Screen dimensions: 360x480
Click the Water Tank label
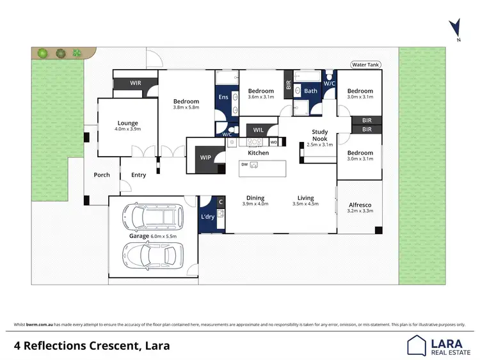pos(365,65)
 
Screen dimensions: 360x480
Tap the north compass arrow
pos(455,28)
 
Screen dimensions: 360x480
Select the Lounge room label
pos(127,123)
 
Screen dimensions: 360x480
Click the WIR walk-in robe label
pos(135,83)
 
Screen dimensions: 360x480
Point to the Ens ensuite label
pos(223,97)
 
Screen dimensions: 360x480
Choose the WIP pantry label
pos(205,157)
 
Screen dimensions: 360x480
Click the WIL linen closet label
pos(259,130)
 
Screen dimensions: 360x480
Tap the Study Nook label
pos(319,135)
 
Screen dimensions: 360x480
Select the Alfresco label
pos(360,205)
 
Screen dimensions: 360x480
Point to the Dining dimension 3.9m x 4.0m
pos(255,204)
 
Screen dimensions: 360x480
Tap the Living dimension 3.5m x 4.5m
pos(305,204)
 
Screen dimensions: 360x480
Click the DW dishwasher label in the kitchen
pos(244,164)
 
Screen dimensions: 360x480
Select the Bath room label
pos(310,91)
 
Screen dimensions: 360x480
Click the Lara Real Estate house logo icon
pos(418,345)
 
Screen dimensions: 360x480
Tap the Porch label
pos(102,175)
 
